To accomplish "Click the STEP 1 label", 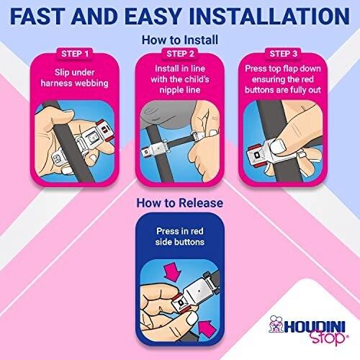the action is pyautogui.click(x=75, y=54).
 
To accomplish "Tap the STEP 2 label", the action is pyautogui.click(x=180, y=54).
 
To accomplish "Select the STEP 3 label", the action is pyautogui.click(x=284, y=54).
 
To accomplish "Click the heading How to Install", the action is pyautogui.click(x=180, y=40).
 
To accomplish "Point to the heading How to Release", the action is pyautogui.click(x=180, y=203).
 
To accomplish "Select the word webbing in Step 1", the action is pyautogui.click(x=91, y=84).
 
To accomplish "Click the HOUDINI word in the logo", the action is pyautogui.click(x=315, y=326).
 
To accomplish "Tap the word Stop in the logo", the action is pyautogui.click(x=328, y=337).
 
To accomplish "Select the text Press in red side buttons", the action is pyautogui.click(x=180, y=237).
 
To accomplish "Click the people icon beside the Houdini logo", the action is pyautogui.click(x=276, y=324).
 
